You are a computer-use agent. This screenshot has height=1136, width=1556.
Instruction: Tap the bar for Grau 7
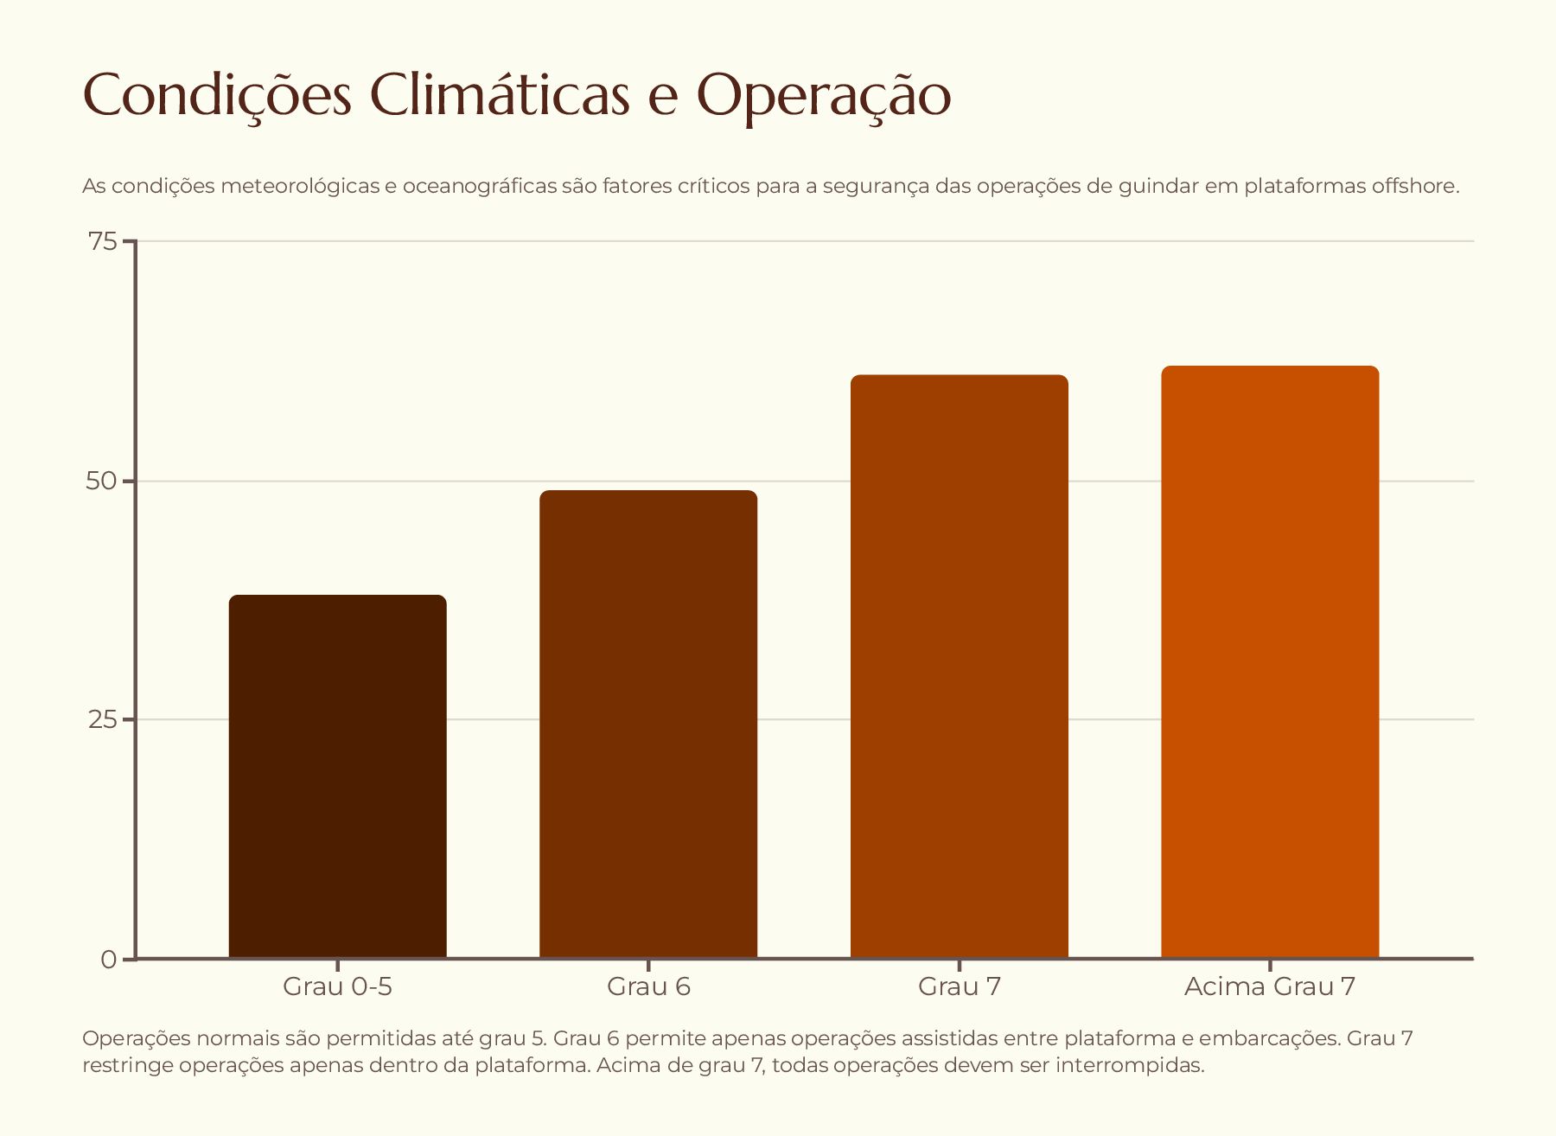tap(959, 666)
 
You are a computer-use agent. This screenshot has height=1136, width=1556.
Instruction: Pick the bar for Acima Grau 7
tap(1270, 661)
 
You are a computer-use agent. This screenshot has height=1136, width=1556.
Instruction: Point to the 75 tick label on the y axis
tap(102, 242)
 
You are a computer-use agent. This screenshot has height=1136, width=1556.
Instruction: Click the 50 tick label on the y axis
tap(100, 482)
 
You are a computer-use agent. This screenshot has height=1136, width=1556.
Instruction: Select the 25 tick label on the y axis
tap(101, 719)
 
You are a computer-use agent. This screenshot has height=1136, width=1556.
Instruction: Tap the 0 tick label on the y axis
tap(108, 959)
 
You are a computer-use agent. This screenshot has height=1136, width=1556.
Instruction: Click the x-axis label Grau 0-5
tap(337, 986)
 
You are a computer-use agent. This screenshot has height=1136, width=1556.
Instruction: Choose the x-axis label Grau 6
tap(648, 986)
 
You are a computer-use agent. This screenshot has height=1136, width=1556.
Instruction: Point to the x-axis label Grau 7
tap(959, 986)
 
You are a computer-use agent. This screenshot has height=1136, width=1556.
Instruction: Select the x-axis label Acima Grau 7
tap(1270, 986)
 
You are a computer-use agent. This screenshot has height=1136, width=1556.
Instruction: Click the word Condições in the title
tap(217, 95)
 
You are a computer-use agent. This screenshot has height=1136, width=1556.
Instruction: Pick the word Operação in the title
tap(824, 95)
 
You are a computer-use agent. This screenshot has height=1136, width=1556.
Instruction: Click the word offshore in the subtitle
tap(1415, 186)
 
